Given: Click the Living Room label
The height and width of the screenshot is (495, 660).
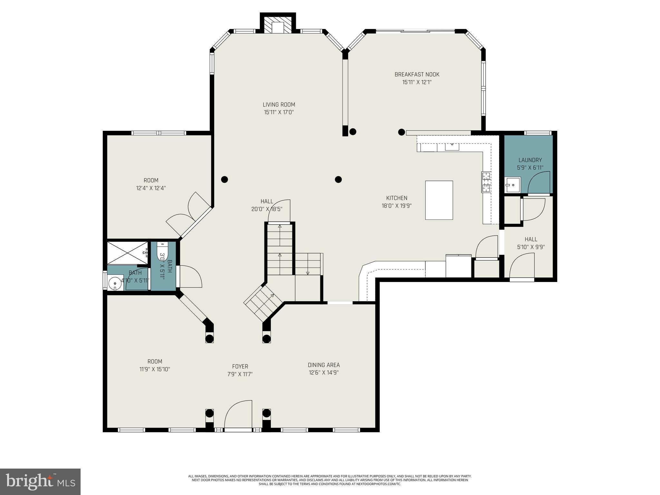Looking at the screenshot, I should tap(279, 104).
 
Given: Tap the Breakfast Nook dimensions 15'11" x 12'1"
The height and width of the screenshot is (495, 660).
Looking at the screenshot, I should tap(417, 82).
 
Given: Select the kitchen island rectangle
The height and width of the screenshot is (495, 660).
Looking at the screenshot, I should tap(439, 200).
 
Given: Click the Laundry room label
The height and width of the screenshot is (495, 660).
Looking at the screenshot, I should tap(530, 160).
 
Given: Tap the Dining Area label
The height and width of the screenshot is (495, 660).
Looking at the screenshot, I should tap(324, 365).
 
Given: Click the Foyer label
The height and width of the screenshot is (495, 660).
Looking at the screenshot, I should tap(240, 366).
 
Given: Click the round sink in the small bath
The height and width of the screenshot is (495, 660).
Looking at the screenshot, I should tap(114, 284).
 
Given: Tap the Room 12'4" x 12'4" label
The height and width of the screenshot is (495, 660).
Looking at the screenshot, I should tap(151, 184).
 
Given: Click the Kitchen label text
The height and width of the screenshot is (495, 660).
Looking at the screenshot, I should tap(397, 198).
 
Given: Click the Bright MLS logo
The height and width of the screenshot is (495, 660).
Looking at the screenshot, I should tap(40, 481).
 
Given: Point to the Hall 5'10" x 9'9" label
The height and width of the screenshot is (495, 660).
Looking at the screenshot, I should tap(531, 243).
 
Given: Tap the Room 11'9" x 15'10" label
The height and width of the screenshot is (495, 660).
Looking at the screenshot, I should tap(155, 365).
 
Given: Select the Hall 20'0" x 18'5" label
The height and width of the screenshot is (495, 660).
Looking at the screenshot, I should tap(267, 205).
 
